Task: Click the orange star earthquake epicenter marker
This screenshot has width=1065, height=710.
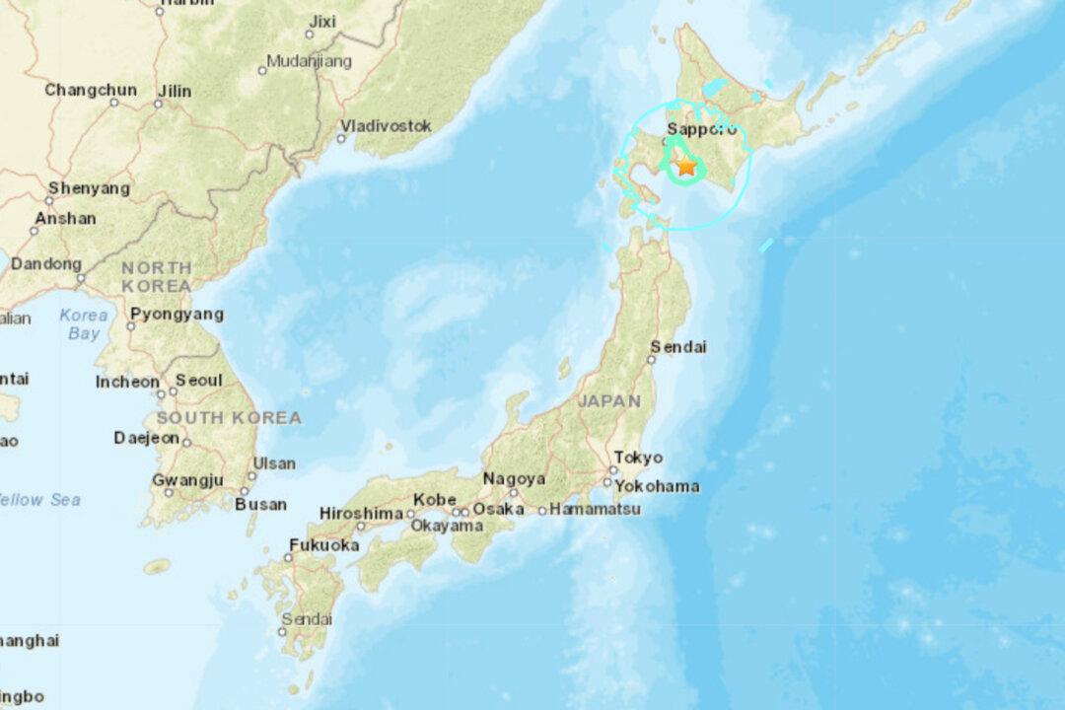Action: click(x=686, y=167)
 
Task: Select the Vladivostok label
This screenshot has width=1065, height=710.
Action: click(x=387, y=125)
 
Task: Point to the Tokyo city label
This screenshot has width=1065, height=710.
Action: click(x=638, y=458)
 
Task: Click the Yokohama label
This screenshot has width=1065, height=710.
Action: click(x=657, y=486)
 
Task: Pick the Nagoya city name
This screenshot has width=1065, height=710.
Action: click(x=514, y=479)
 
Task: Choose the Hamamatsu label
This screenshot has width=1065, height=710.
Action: click(x=596, y=509)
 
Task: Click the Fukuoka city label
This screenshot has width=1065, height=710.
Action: click(x=323, y=544)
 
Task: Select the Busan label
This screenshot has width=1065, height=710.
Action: click(x=261, y=504)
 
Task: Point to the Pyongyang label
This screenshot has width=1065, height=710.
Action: click(x=177, y=315)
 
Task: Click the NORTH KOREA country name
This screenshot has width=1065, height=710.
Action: click(x=157, y=276)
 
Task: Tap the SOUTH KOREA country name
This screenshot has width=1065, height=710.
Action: click(x=229, y=418)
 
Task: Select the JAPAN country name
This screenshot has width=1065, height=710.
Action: click(x=608, y=401)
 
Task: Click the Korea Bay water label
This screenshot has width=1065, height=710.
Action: click(x=84, y=324)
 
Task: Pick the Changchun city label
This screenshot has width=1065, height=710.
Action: click(x=91, y=90)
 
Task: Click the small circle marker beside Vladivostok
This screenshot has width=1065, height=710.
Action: click(x=341, y=139)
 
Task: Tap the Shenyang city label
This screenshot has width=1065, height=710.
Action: click(x=89, y=187)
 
